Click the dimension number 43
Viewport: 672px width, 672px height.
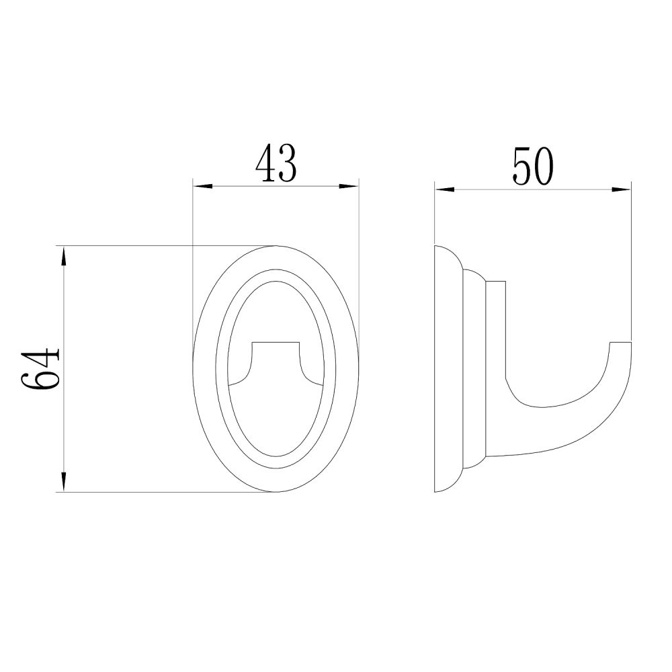click(276, 163)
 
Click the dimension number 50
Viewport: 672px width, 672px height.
click(533, 166)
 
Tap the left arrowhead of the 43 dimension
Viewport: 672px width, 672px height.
click(203, 186)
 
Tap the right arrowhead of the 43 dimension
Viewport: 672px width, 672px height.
click(348, 186)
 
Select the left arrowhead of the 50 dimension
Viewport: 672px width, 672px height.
click(444, 189)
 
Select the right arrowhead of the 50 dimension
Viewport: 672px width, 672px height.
click(621, 189)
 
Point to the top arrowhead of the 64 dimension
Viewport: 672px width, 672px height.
click(64, 256)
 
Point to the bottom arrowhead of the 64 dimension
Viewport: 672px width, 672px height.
click(64, 481)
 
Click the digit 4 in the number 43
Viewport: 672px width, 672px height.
click(265, 163)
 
